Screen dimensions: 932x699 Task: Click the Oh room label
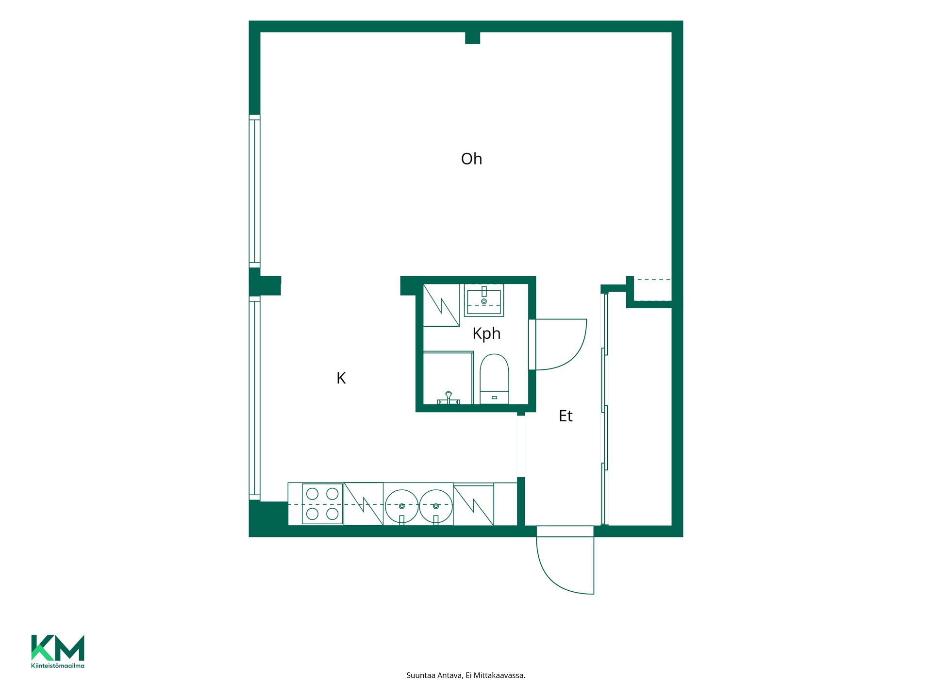pos(471,159)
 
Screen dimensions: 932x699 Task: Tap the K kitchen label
pos(341,378)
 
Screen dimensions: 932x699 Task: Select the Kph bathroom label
pos(486,334)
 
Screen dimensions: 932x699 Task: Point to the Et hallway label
pos(566,416)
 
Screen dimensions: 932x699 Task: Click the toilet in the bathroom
pos(494,379)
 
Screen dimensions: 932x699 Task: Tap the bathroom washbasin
pos(484,300)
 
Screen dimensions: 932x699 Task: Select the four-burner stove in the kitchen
pos(322,504)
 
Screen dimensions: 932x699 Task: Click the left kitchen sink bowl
pos(401,506)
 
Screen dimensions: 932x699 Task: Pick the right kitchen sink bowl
pos(436,506)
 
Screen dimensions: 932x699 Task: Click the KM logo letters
pos(58,648)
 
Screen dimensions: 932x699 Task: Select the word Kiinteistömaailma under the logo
pos(58,666)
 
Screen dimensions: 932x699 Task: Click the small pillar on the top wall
pos(472,38)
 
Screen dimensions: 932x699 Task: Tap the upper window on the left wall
pos(254,191)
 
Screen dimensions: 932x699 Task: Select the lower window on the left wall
pos(254,398)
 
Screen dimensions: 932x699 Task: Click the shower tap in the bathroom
pos(449,399)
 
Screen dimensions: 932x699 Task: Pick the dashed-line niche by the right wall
pos(652,290)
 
